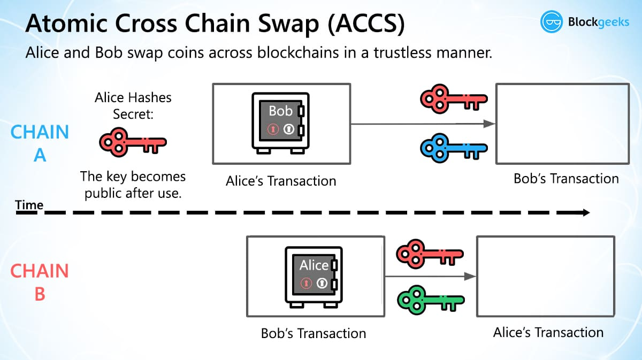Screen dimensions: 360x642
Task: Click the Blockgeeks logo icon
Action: [x=552, y=22]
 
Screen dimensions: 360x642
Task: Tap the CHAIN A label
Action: [x=40, y=143]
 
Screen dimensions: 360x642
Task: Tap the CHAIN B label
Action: [x=40, y=282]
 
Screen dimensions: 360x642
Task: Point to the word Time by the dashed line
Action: [x=29, y=205]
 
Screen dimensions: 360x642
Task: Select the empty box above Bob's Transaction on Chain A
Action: [x=561, y=124]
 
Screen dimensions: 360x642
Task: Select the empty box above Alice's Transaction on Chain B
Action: [x=545, y=277]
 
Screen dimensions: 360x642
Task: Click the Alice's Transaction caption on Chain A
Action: [x=281, y=181]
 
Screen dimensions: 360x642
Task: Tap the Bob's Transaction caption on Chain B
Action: [x=313, y=333]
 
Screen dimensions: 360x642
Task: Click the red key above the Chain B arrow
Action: [x=430, y=253]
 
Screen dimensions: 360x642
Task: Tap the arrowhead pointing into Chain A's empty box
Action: [x=488, y=124]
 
